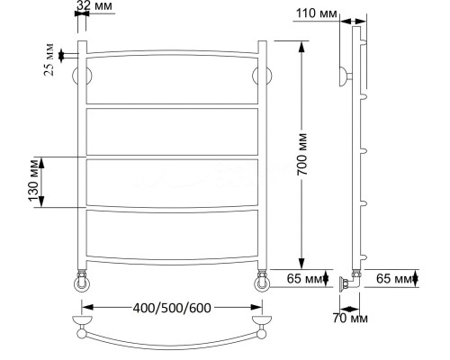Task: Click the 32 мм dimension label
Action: tap(94, 5)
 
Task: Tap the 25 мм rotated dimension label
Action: tap(49, 59)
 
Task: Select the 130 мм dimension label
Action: tap(34, 181)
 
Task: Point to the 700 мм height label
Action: tap(302, 154)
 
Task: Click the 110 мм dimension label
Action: tap(317, 13)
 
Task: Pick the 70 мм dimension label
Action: tap(350, 318)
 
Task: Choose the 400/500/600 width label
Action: tap(172, 308)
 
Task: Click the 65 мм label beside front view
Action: tap(304, 279)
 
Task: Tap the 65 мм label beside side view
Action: tap(394, 279)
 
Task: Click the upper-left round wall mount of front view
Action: tap(82, 76)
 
